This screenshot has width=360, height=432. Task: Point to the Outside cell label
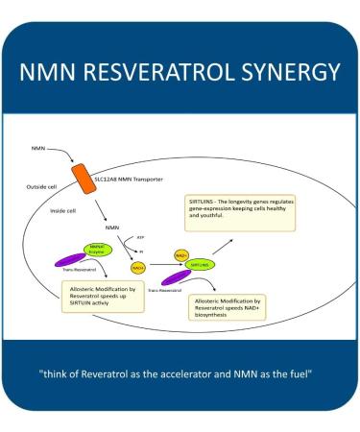coord(48,185)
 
